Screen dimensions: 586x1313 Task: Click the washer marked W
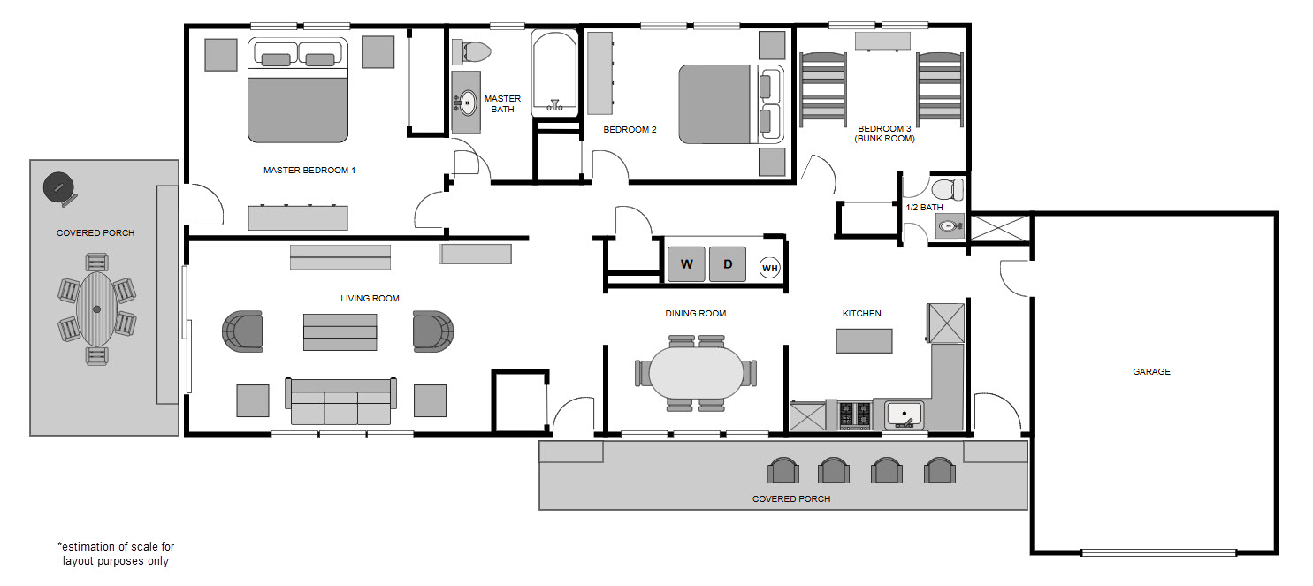pyautogui.click(x=685, y=264)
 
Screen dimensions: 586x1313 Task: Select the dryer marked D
pyautogui.click(x=728, y=264)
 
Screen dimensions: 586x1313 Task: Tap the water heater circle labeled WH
pyautogui.click(x=770, y=268)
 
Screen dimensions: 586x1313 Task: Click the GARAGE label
pyautogui.click(x=1151, y=372)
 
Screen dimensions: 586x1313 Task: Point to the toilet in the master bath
pyautogui.click(x=471, y=51)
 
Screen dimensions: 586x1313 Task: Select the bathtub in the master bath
pyautogui.click(x=555, y=72)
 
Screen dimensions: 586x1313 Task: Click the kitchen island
pyautogui.click(x=864, y=340)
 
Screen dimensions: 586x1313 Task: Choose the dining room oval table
pyautogui.click(x=696, y=372)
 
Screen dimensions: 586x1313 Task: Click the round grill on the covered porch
pyautogui.click(x=59, y=186)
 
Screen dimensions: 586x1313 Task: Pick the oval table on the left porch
pyautogui.click(x=96, y=308)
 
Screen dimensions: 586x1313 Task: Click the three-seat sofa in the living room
pyautogui.click(x=340, y=402)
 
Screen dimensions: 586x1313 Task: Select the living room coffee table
pyautogui.click(x=340, y=331)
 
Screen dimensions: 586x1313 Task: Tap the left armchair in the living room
pyautogui.click(x=243, y=331)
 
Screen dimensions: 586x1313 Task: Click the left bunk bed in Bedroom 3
pyautogui.click(x=822, y=89)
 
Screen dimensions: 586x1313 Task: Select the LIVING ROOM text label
pyautogui.click(x=370, y=299)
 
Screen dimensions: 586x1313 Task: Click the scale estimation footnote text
pyautogui.click(x=116, y=554)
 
